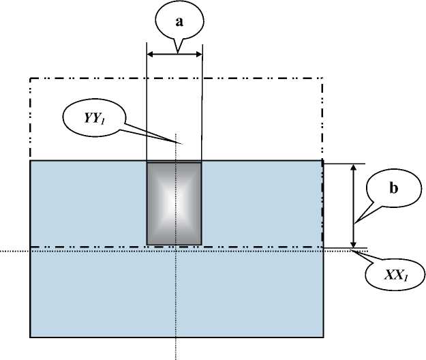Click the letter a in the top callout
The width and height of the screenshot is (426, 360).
[179, 21]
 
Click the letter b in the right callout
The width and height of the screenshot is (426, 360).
[393, 189]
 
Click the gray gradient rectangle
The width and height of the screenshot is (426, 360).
[174, 202]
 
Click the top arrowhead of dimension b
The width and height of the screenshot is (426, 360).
[353, 166]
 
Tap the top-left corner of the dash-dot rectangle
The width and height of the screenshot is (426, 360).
[30, 78]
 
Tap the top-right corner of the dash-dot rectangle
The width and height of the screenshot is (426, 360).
[322, 78]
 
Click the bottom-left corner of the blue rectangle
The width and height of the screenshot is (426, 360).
[30, 337]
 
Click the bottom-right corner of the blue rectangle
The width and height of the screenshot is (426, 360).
[322, 337]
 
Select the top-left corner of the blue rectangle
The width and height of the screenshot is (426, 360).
[30, 161]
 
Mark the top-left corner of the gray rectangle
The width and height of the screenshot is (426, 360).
[147, 162]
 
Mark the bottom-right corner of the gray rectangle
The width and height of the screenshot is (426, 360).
[202, 244]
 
